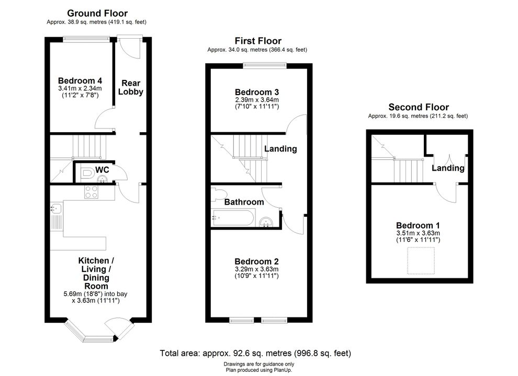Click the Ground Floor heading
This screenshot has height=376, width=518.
97,13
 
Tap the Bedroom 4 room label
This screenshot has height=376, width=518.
80,81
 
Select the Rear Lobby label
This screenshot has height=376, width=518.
131,87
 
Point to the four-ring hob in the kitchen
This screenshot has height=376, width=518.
91,192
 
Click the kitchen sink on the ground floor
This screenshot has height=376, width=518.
56,208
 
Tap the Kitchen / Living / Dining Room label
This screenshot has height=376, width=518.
96,274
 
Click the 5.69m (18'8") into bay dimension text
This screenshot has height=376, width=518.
95,294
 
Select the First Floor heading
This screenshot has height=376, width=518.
258,41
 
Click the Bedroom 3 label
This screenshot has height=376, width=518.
257,92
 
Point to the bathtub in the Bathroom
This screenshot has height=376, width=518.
233,218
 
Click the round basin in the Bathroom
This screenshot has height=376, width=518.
266,222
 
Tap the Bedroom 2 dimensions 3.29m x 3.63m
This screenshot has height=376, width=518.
257,269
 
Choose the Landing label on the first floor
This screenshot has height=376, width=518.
280,149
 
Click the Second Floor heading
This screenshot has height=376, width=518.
419,107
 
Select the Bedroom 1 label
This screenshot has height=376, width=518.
418,226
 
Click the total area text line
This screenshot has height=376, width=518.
255,353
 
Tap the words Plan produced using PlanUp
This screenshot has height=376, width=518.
259,370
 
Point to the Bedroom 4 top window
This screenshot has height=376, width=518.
86,39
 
